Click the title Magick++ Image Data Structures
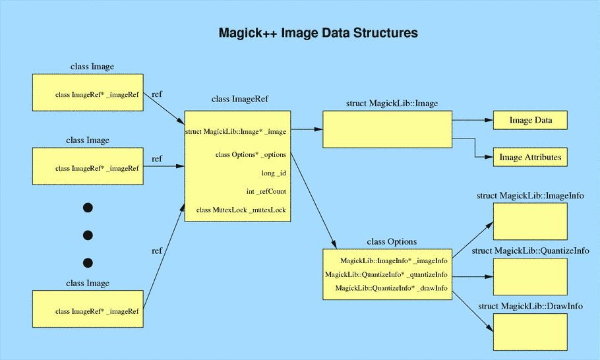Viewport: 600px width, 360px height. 318,32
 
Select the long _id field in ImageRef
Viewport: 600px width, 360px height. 274,173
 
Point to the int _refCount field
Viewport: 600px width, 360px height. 266,191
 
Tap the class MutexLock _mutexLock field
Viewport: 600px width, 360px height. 241,210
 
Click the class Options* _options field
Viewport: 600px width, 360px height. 251,154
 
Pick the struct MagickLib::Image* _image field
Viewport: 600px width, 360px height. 236,131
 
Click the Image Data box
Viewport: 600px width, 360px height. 530,121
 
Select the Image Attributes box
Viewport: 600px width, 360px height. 530,158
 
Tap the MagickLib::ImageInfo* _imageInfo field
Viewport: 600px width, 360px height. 394,261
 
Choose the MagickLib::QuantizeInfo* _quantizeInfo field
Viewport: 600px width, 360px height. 386,274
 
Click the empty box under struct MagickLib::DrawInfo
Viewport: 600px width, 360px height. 530,332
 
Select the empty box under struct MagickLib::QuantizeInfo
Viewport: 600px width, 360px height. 530,276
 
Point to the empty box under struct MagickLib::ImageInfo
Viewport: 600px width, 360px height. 530,221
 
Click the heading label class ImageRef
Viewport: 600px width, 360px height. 240,100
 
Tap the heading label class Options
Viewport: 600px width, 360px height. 391,242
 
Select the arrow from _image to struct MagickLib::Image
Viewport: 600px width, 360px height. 307,130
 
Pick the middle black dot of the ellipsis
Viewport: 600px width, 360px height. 88,235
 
